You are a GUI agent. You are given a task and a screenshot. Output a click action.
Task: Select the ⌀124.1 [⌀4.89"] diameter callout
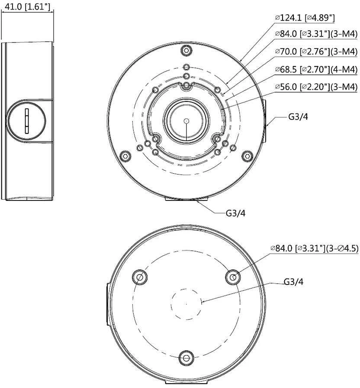(x=305, y=18)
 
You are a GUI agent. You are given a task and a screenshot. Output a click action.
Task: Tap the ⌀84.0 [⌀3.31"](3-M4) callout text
(x=316, y=34)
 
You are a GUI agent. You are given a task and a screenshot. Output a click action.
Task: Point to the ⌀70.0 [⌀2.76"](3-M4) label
(x=316, y=52)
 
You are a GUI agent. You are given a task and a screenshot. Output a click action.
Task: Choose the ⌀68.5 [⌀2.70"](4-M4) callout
(x=316, y=70)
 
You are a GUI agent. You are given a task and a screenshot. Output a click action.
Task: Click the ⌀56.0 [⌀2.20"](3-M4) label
(x=316, y=87)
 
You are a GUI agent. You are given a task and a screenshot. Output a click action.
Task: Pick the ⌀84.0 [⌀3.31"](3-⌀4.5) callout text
(x=314, y=248)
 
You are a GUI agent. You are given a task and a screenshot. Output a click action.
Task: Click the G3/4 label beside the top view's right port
(x=298, y=116)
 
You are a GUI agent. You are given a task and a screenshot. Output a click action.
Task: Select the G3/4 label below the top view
(x=236, y=213)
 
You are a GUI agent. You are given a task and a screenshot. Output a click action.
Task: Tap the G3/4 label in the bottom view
(x=293, y=281)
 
